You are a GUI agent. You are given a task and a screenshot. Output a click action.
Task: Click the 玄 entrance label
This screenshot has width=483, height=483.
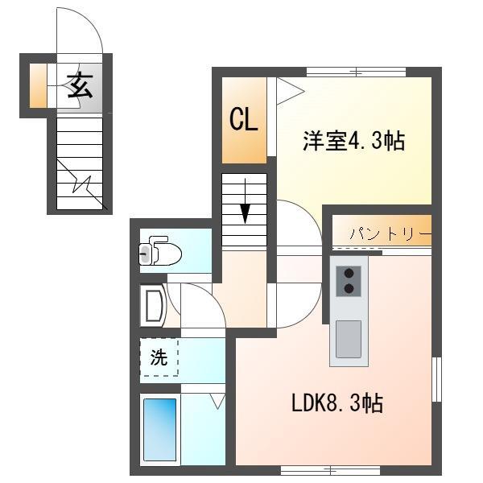tap(79, 85)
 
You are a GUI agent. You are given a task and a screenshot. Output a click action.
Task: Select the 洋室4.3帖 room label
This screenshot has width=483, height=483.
tap(353, 142)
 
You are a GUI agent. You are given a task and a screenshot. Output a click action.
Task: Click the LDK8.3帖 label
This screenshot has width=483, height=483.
tap(336, 403)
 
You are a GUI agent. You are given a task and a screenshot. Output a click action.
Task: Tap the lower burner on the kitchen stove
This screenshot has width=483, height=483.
tap(349, 288)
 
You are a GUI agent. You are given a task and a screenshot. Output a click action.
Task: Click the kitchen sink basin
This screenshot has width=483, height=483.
tap(349, 338)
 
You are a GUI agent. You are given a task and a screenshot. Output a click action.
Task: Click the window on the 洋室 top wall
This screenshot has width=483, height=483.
tap(355, 72)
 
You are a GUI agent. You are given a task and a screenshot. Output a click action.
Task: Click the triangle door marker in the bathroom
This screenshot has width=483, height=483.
tap(217, 399)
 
